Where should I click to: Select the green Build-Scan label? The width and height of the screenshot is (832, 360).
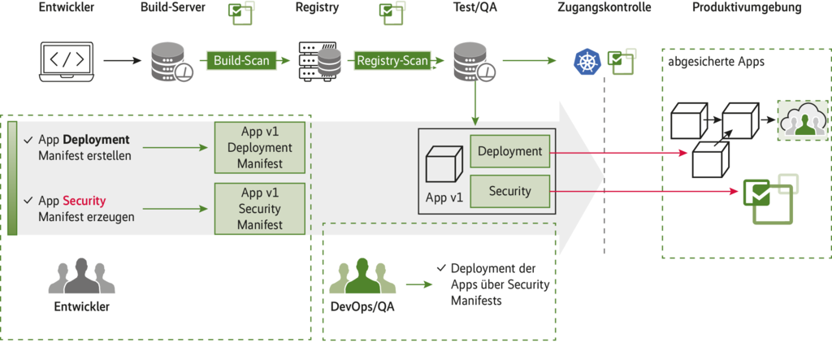pos(240,60)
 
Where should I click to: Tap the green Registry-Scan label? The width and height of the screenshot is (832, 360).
pos(393,60)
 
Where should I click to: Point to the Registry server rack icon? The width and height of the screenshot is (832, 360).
pos(318,61)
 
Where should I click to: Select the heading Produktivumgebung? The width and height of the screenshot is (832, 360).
pos(747,8)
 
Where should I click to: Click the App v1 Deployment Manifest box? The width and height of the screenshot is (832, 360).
pos(260,148)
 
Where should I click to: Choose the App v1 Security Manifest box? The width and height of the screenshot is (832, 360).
pos(260,208)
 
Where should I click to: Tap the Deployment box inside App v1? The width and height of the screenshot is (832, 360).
pos(509,151)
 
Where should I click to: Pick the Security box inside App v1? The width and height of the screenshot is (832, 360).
pos(509,192)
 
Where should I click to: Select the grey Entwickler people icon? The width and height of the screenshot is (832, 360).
pos(81,277)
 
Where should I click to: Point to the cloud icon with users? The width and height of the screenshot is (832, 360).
pos(801,120)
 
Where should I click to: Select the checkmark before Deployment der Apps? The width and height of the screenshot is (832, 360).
pos(440,268)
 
